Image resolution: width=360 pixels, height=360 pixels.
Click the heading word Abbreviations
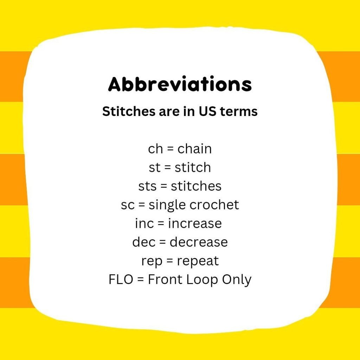[x=180, y=84]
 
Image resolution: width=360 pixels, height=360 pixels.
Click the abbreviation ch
[x=155, y=149]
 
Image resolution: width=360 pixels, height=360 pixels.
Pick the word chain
[x=194, y=149]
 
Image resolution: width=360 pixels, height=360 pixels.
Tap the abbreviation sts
[x=148, y=186]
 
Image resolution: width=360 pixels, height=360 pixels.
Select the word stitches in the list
[x=196, y=186]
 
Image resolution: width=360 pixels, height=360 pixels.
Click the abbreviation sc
[x=128, y=205]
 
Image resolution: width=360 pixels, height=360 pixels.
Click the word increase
[x=195, y=223]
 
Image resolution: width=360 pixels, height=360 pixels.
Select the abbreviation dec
[x=144, y=242]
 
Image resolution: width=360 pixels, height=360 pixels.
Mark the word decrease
[x=199, y=242]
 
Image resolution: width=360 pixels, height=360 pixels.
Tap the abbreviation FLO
[x=121, y=279]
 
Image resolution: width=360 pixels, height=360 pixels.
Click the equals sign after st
[x=168, y=167]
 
